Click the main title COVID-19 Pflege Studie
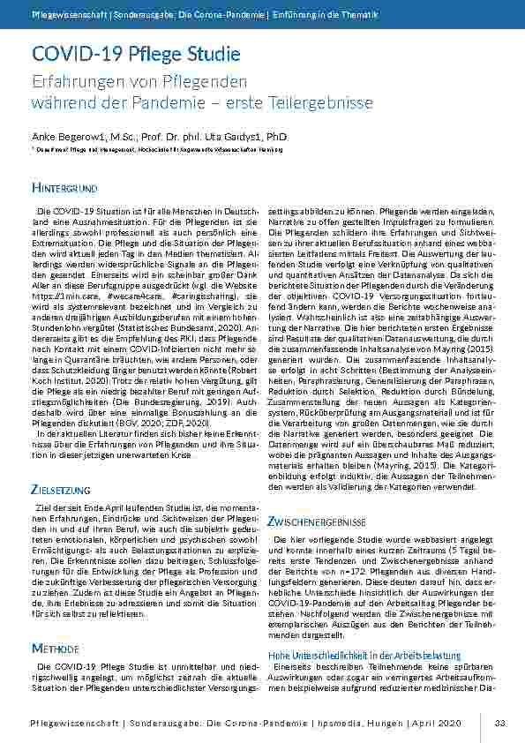[x=136, y=54]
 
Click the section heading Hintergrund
[x=64, y=189]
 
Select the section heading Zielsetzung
[x=60, y=489]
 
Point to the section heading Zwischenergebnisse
[x=317, y=522]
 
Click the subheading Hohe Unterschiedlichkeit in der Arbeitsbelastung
[x=364, y=657]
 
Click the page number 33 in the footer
[x=499, y=724]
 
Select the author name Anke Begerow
[x=70, y=137]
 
